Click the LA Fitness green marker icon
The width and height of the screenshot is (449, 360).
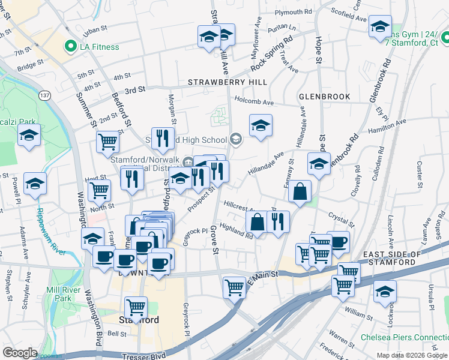coord(71,46)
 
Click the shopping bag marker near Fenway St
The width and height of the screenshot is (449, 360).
coord(300,191)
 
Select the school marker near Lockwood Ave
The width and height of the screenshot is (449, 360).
coord(384,292)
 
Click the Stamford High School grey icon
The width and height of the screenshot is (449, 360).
coord(237,140)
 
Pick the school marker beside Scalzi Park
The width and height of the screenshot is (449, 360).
coord(29,136)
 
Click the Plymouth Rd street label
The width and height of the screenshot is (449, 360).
coord(294,12)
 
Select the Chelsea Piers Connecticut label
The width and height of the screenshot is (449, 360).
coord(404,337)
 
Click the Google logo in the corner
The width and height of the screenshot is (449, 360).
coord(20,352)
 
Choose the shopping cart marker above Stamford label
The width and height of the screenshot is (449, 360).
coord(137,307)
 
